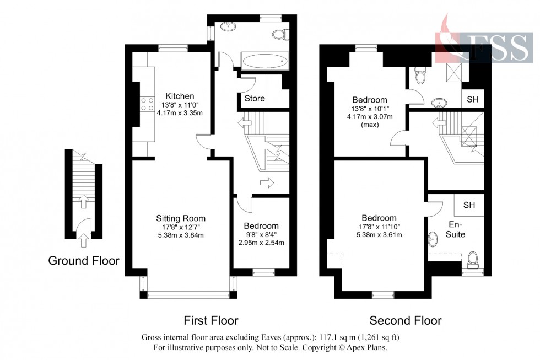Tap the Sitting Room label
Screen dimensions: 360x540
179,218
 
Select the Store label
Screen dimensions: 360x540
254,99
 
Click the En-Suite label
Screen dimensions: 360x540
456,230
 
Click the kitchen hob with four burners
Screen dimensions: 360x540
148,104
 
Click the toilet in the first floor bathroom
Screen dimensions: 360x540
280,34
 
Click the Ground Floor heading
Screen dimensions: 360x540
84,261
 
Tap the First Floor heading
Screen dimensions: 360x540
211,320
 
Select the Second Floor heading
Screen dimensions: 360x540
405,320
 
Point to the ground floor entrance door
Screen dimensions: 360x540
83,226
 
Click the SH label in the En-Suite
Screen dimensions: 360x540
469,205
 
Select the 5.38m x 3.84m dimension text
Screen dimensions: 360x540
179,235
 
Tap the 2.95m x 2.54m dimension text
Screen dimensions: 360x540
261,243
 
